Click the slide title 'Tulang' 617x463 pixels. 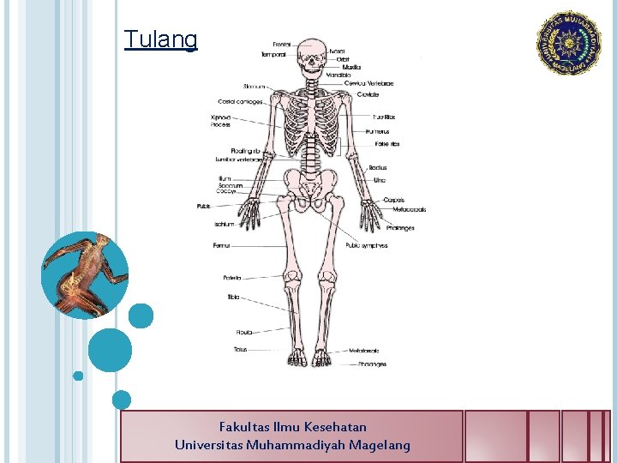(160, 39)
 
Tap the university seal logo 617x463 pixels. (569, 42)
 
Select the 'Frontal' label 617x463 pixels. (281, 45)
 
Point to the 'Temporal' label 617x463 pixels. (274, 55)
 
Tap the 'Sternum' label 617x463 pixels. (254, 87)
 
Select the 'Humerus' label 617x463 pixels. (377, 131)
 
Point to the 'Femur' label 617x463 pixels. (221, 246)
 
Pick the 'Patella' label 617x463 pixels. (232, 278)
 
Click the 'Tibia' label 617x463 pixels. (233, 297)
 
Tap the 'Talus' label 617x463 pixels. (240, 349)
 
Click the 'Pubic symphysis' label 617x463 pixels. (367, 245)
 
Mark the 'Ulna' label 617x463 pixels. (380, 180)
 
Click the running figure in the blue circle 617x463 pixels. (85, 275)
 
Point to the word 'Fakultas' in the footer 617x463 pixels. (244, 426)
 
